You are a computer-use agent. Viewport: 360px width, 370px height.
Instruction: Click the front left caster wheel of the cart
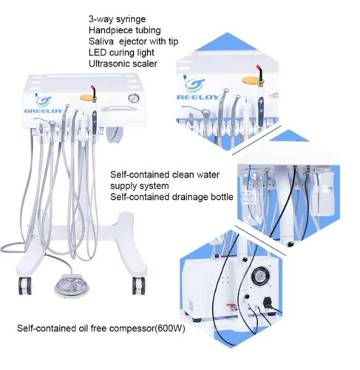click(26, 286)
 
